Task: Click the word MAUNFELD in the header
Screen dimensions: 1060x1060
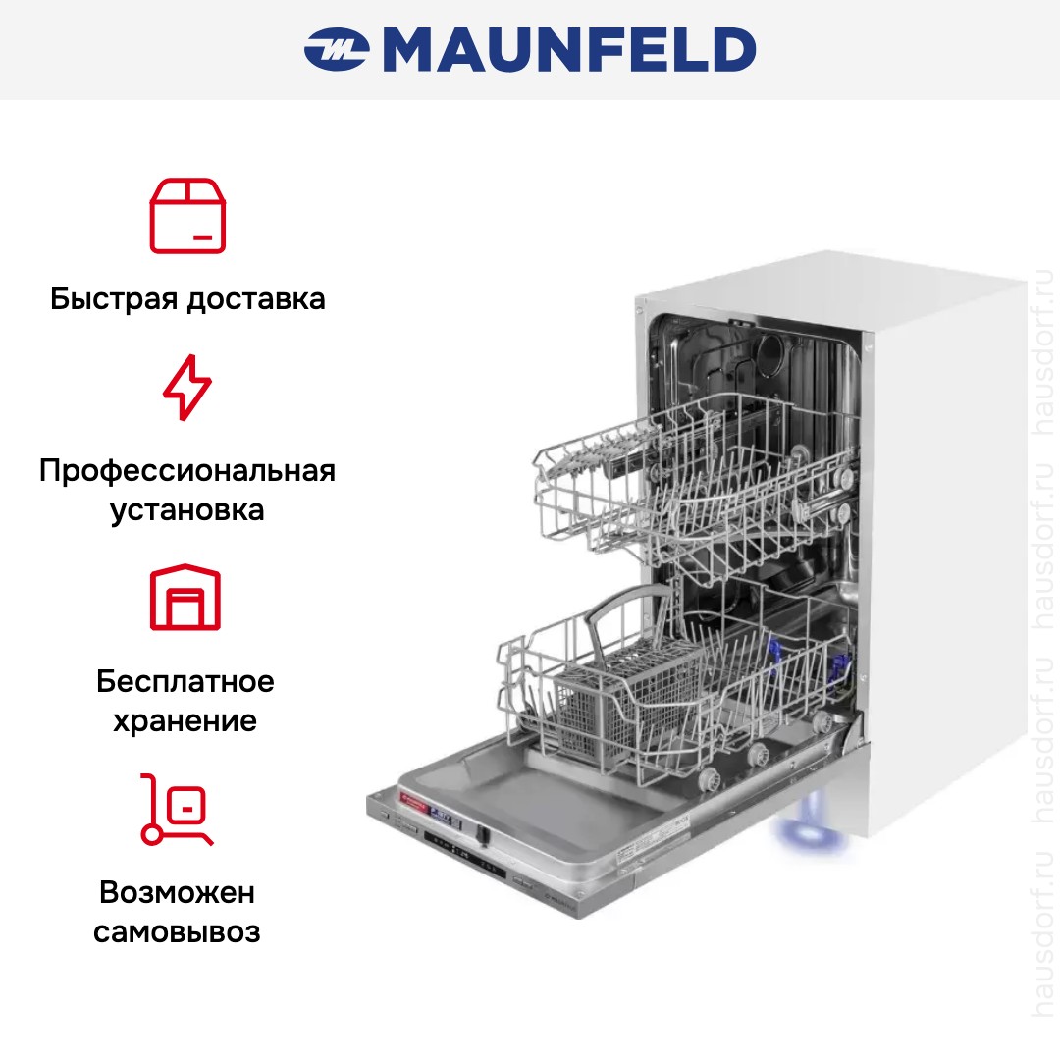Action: pyautogui.click(x=569, y=50)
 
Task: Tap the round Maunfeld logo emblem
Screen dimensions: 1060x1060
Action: pyautogui.click(x=336, y=50)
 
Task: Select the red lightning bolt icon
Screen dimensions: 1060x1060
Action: pyautogui.click(x=186, y=389)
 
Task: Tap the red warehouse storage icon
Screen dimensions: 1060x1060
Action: pyautogui.click(x=185, y=598)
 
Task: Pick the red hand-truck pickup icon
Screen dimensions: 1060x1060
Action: pyautogui.click(x=177, y=809)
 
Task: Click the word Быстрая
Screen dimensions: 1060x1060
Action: pyautogui.click(x=113, y=298)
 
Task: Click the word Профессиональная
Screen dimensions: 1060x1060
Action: pyautogui.click(x=187, y=470)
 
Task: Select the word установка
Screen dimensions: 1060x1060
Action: pyautogui.click(x=187, y=511)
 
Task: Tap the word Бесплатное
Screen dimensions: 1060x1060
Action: pyautogui.click(x=185, y=681)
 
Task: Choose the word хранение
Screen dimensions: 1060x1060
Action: pyautogui.click(x=185, y=721)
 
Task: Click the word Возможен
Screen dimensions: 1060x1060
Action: pyautogui.click(x=178, y=892)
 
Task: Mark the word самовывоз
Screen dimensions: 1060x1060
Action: pyautogui.click(x=178, y=931)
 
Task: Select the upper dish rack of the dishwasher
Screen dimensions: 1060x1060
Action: pyautogui.click(x=687, y=481)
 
